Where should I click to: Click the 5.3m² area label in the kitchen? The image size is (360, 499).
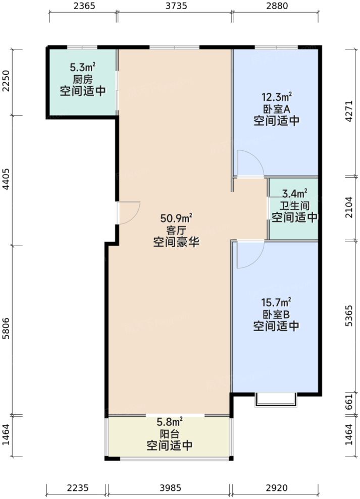83,67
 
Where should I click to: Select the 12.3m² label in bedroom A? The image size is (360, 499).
276,97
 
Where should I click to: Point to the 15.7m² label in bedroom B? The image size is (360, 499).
276,303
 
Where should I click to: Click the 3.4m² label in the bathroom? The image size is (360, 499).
295,194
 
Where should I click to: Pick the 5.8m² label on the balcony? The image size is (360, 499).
169,422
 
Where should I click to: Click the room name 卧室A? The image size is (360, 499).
276,109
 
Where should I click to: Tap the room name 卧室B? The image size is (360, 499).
276,315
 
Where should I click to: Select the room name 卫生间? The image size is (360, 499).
295,206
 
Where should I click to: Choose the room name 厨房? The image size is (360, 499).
83,79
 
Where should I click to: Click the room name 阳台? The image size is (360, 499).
169,434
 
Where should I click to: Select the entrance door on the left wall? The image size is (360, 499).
129,212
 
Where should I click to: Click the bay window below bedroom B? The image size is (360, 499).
276,399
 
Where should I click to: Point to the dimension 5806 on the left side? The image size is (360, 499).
6,330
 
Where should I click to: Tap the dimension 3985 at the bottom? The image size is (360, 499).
169,488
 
